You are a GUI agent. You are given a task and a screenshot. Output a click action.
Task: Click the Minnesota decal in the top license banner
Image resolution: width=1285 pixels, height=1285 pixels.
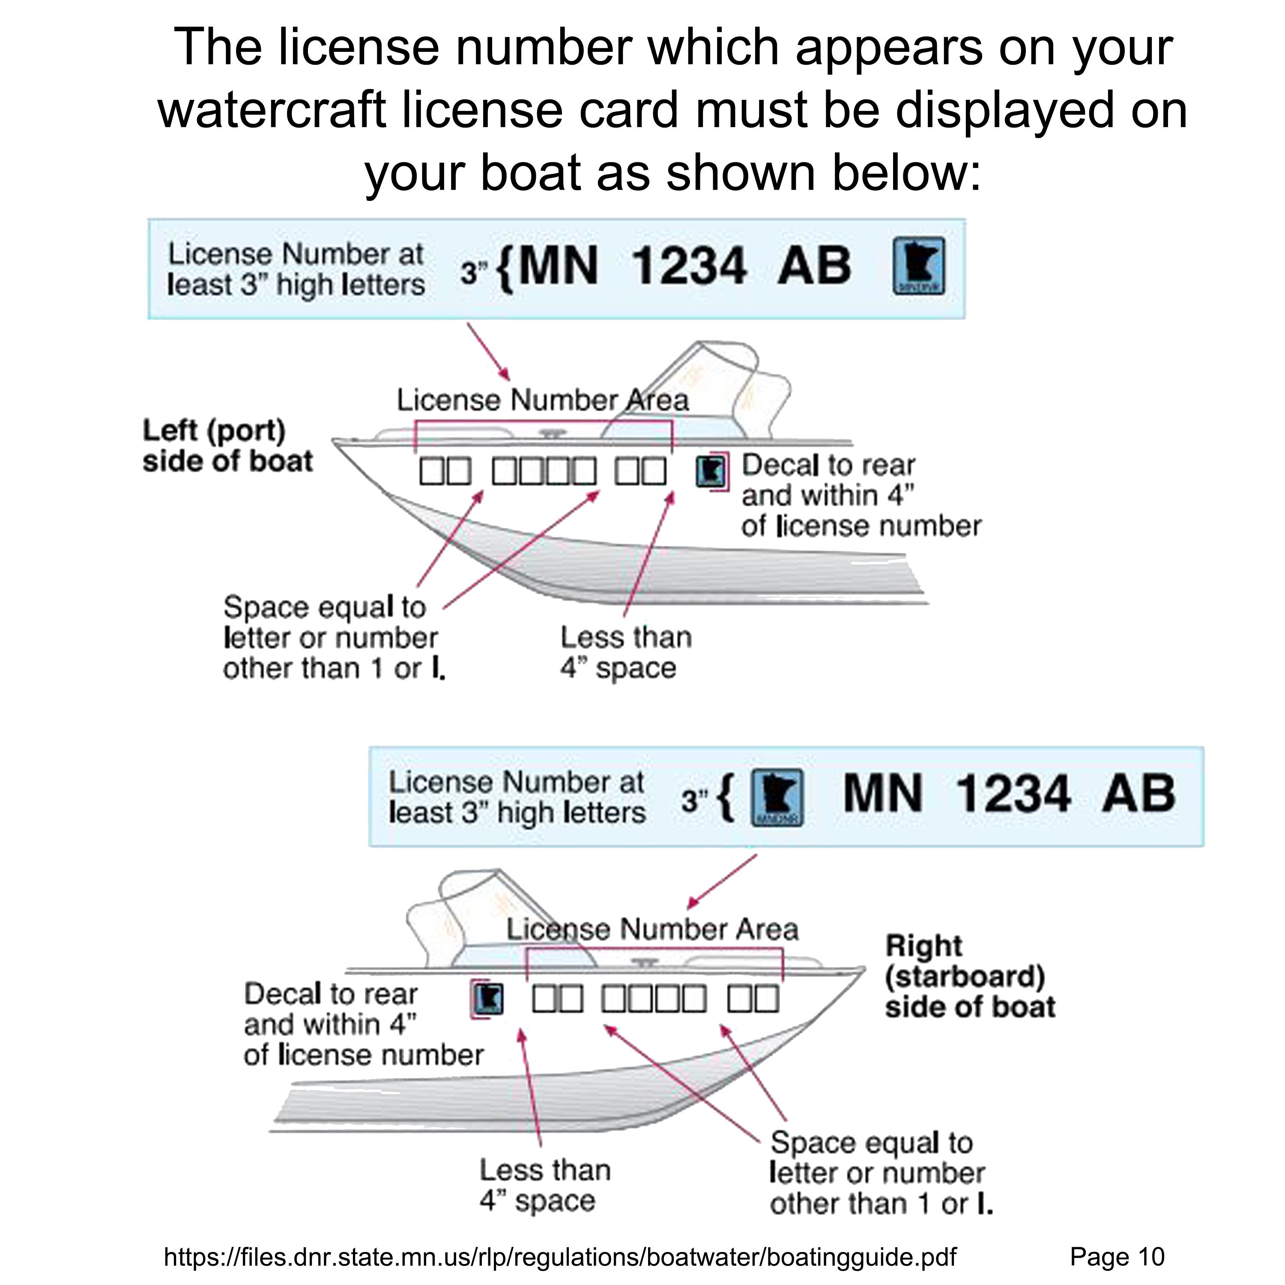(x=918, y=266)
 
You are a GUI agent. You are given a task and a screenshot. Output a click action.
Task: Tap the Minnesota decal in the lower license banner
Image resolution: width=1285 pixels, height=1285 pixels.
(x=777, y=798)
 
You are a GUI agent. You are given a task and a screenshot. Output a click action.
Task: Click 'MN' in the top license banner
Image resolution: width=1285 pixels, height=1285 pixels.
(x=557, y=266)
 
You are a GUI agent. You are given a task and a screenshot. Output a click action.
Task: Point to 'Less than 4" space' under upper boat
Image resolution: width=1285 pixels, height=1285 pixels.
(x=625, y=652)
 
